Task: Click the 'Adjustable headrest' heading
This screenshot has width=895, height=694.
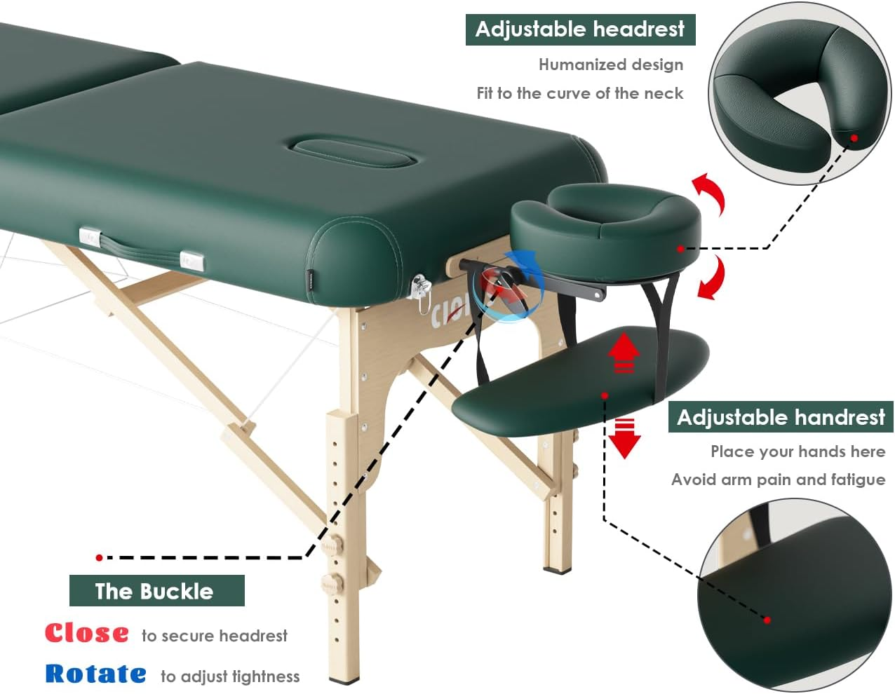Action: point(580,29)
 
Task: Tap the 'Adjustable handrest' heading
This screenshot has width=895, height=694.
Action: point(781,417)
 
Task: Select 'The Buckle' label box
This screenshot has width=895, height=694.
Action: point(156,591)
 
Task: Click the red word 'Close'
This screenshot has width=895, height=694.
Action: point(87,633)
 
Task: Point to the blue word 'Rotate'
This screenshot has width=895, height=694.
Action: point(96,674)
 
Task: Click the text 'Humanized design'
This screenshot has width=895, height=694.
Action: point(610,64)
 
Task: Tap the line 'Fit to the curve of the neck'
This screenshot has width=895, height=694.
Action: point(579,93)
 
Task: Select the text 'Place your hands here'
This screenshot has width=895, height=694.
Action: point(798,451)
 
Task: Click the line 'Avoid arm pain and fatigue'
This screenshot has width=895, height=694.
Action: point(778,479)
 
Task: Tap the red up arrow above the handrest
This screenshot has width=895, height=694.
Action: point(624,353)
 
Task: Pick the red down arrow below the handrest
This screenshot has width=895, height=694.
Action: point(624,437)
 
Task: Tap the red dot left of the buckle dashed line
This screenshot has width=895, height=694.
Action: point(100,557)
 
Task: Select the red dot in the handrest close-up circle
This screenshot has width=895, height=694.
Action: point(767,620)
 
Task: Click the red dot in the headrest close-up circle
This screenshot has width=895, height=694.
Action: point(854,137)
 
